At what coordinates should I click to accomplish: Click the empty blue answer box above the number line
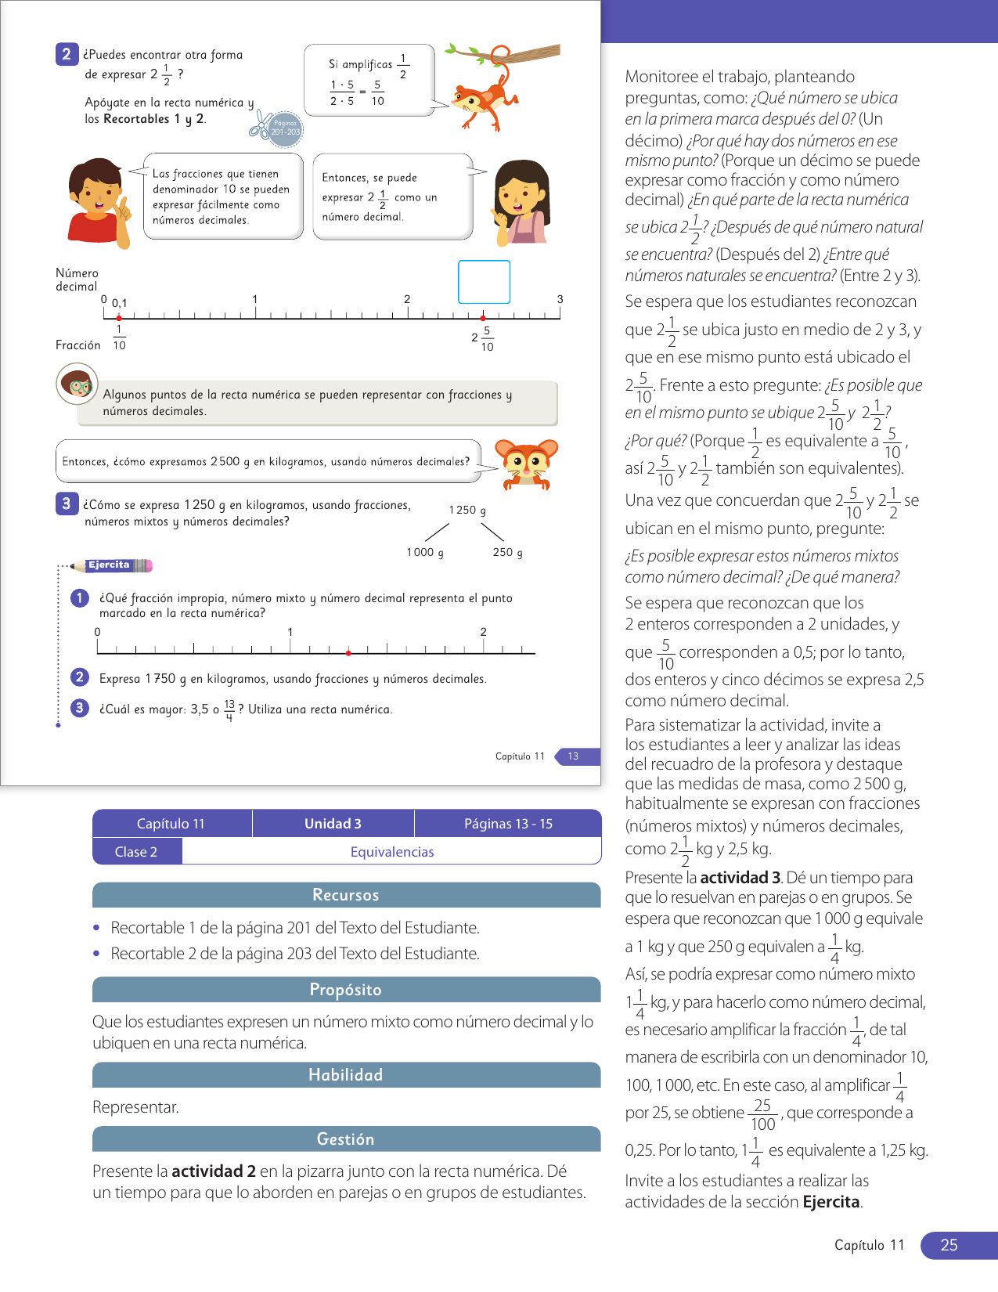click(484, 282)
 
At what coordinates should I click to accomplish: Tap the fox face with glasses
click(529, 461)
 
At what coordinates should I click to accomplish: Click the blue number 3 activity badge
click(67, 504)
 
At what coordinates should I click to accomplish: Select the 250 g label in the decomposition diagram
click(507, 553)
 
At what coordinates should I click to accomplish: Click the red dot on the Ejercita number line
click(348, 652)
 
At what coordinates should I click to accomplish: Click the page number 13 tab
click(574, 756)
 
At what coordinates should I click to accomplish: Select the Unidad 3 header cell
click(333, 824)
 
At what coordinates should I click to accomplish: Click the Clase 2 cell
click(136, 852)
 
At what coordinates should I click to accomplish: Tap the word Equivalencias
click(391, 852)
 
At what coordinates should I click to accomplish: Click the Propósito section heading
click(345, 990)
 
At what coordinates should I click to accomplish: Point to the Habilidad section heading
click(345, 1075)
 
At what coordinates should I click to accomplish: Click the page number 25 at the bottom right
click(949, 1245)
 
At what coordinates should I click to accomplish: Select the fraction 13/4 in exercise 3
click(229, 709)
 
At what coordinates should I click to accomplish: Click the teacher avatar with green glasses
click(77, 384)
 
